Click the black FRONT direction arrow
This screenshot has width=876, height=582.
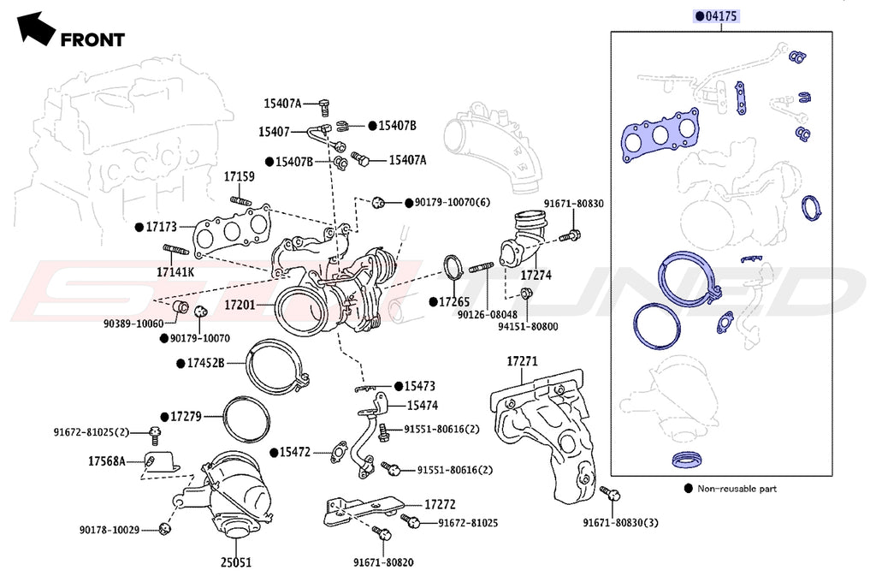pos(35,27)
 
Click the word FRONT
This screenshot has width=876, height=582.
pos(92,39)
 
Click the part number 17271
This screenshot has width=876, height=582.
pos(522,362)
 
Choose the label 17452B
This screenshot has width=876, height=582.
pos(205,363)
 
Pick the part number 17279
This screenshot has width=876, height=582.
pos(185,416)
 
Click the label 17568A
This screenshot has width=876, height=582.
pos(107,461)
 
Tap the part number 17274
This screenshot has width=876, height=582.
pos(536,276)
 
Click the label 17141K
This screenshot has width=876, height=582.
pos(175,272)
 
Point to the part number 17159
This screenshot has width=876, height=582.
pos(240,177)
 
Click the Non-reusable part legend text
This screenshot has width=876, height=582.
pos(737,489)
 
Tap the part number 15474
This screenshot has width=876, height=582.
pos(423,405)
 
